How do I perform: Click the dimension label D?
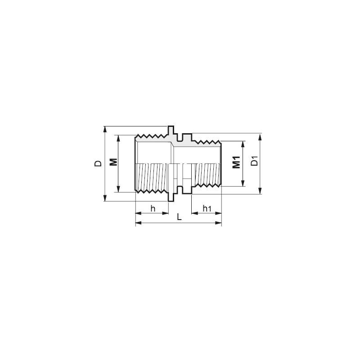coord(98,163)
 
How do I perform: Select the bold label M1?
coord(236,162)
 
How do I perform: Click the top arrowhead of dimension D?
coord(104,129)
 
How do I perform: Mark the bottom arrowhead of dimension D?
coord(104,198)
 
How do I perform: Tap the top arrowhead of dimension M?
coord(119,138)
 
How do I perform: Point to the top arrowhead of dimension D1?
coord(260,136)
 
